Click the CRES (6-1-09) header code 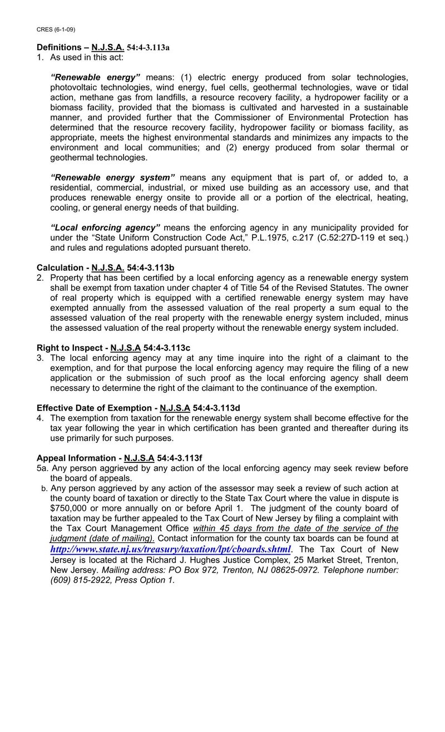point(56,29)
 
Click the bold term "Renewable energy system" point(113,177)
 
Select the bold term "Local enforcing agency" point(105,227)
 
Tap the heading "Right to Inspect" point(70,348)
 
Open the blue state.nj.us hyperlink point(170,550)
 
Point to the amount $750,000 point(70,508)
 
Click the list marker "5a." point(42,469)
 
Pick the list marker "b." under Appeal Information point(44,489)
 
